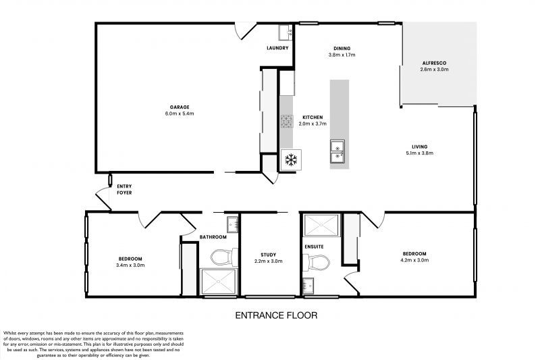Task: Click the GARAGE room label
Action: click(x=179, y=107)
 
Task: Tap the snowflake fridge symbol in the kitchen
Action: click(x=292, y=160)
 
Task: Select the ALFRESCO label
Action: click(x=433, y=63)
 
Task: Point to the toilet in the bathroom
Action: click(x=221, y=257)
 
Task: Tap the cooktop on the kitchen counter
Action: click(x=286, y=122)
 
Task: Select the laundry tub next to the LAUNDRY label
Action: click(x=285, y=32)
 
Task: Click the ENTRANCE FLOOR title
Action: click(x=275, y=315)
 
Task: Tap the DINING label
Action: click(x=342, y=48)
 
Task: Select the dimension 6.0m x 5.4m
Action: click(x=179, y=113)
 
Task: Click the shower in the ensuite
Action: click(x=317, y=225)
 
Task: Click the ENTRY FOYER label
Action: click(x=124, y=190)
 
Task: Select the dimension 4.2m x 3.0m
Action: click(x=414, y=260)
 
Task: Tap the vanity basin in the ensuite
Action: click(x=308, y=284)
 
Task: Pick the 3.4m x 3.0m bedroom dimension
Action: click(x=131, y=265)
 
